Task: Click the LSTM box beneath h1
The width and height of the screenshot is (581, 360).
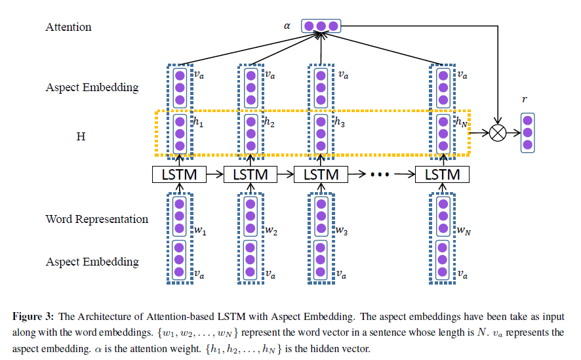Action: point(179,174)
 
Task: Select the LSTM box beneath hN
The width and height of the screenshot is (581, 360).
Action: point(443,174)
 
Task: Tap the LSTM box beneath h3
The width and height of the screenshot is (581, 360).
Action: point(320,174)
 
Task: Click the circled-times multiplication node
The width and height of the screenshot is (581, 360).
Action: point(499,133)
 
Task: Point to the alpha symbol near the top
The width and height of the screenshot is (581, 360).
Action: point(287,27)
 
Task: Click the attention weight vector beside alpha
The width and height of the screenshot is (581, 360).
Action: point(321,26)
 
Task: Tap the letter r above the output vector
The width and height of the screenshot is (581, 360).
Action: point(525,98)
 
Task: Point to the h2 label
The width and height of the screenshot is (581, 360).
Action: point(269,122)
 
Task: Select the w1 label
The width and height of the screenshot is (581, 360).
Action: point(199,231)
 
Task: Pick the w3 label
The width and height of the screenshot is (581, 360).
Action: point(340,231)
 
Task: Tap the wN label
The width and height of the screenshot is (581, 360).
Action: point(464,231)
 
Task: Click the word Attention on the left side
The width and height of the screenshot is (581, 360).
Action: point(68,28)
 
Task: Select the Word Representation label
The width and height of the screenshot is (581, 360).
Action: point(97,219)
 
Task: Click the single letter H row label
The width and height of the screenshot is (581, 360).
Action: point(80,136)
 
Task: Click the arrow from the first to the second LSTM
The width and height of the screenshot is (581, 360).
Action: point(214,175)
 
